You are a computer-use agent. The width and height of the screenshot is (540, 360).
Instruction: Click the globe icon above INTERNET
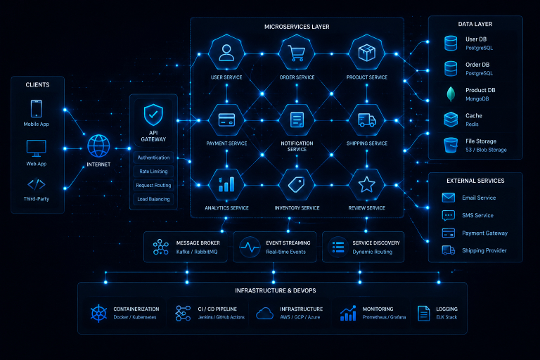[98, 146]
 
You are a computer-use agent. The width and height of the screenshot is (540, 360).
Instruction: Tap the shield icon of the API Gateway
[153, 115]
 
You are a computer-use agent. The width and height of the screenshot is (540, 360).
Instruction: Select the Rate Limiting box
[153, 172]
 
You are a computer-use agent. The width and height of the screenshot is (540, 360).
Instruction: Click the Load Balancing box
[153, 199]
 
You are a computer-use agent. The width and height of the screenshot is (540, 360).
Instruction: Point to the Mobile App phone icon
[37, 108]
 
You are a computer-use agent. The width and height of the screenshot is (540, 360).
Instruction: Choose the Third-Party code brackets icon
[37, 185]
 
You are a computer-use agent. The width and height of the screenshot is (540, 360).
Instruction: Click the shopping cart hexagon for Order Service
[297, 53]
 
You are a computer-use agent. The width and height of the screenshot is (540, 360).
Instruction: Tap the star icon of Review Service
[367, 185]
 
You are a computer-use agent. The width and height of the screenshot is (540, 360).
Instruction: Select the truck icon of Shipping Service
[367, 120]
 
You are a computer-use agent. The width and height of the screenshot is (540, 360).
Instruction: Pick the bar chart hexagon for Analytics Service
[226, 185]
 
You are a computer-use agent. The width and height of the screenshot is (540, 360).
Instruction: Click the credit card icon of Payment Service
[226, 120]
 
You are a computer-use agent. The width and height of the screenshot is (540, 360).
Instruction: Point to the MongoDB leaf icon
[451, 94]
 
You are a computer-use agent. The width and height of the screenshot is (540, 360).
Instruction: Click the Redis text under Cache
[472, 124]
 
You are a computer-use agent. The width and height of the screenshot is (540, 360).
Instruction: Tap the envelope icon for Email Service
[449, 198]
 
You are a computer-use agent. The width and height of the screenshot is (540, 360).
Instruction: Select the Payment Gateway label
[484, 233]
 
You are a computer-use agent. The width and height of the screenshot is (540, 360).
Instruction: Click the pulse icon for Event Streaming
[250, 247]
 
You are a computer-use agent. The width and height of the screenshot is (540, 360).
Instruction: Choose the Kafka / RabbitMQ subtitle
[197, 252]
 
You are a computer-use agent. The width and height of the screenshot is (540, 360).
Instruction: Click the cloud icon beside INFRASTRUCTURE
[265, 314]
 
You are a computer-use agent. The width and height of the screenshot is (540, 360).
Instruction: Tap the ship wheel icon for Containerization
[98, 314]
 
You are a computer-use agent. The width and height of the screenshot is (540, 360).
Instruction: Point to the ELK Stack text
[446, 317]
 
